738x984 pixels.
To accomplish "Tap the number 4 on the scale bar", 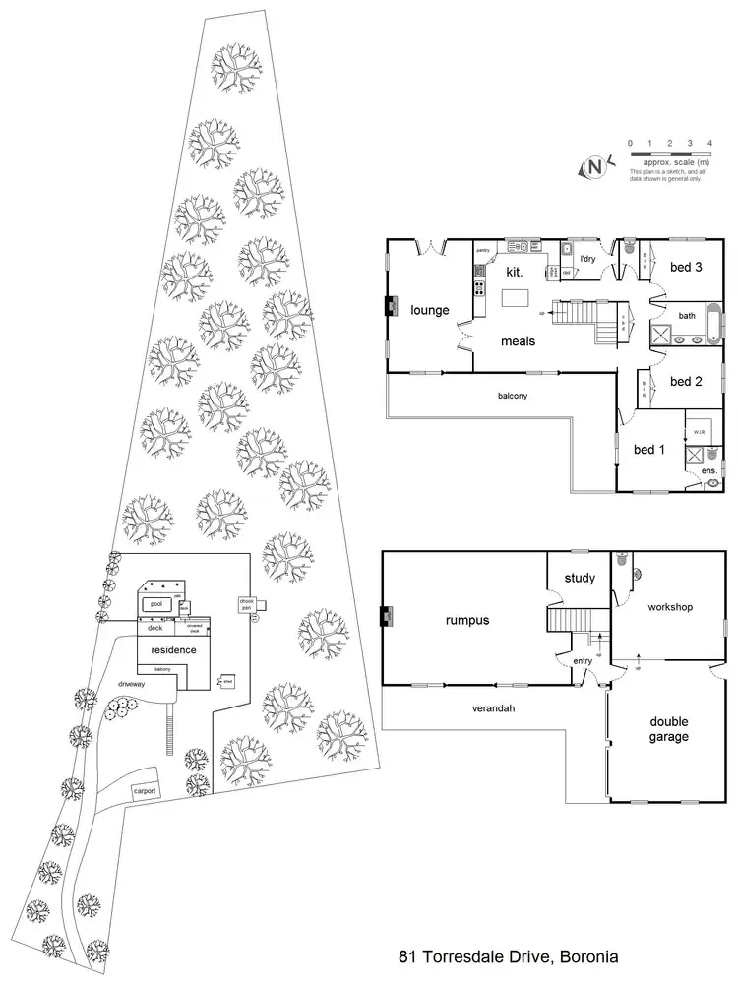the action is (x=710, y=144).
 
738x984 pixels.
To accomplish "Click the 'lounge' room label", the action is (x=430, y=311).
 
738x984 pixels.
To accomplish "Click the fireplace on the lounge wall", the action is (x=389, y=307).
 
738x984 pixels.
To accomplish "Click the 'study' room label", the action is (x=579, y=579).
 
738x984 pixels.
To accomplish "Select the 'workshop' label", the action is (x=670, y=607).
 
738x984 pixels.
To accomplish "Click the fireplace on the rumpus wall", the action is (x=388, y=618).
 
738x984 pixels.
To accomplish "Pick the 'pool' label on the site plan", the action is (x=154, y=603).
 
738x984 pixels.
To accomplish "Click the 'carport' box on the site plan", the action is (x=146, y=791).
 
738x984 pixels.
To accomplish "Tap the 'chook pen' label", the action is (x=246, y=605).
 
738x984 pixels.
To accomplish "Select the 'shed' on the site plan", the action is (x=225, y=680).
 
